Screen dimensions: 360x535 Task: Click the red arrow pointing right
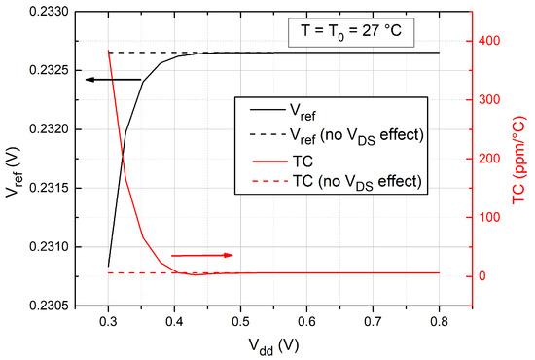[202, 255]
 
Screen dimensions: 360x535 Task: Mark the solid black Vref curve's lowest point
[108, 266]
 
